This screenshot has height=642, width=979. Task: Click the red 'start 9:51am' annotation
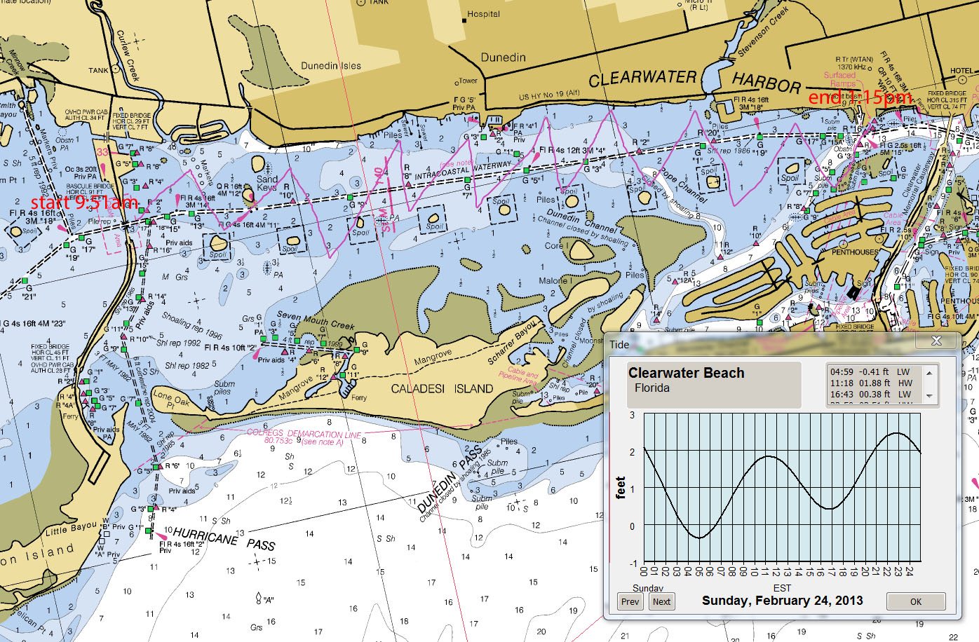point(84,203)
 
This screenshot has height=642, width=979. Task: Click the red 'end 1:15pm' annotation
point(860,97)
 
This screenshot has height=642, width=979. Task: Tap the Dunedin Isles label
point(331,66)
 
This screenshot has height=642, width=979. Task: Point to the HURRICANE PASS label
point(223,539)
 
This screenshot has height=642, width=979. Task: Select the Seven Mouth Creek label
point(316,320)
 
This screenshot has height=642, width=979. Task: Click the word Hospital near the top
point(483,14)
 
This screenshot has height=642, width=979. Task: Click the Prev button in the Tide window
point(630,601)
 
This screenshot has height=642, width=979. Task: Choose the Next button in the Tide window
point(661,601)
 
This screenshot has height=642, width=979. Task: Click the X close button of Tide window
point(936,341)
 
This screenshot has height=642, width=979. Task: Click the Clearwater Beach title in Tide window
point(686,373)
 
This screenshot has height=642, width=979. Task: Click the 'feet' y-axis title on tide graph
point(620,487)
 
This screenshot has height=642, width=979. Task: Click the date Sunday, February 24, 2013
point(782,601)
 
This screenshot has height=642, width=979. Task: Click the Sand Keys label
point(266,183)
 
